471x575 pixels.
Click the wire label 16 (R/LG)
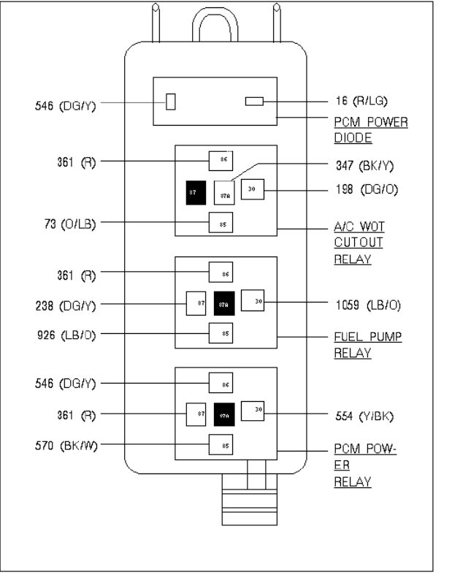point(370,101)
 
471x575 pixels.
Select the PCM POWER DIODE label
point(370,129)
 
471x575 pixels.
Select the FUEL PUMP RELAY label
point(368,345)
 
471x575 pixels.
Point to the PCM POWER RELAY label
point(365,465)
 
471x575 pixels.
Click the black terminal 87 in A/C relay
point(195,191)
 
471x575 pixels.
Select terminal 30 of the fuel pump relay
point(253,300)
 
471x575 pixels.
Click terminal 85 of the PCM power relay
point(221,444)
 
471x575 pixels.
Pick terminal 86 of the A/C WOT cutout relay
point(221,161)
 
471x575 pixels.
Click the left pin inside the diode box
point(171,102)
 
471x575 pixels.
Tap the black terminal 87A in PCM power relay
point(223,415)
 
